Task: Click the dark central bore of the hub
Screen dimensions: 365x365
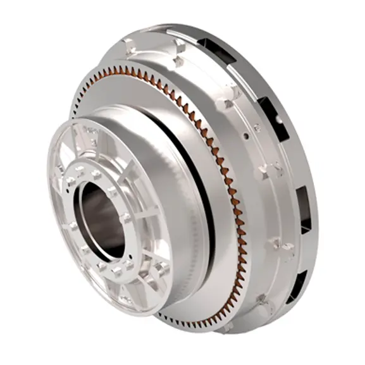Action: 101,218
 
